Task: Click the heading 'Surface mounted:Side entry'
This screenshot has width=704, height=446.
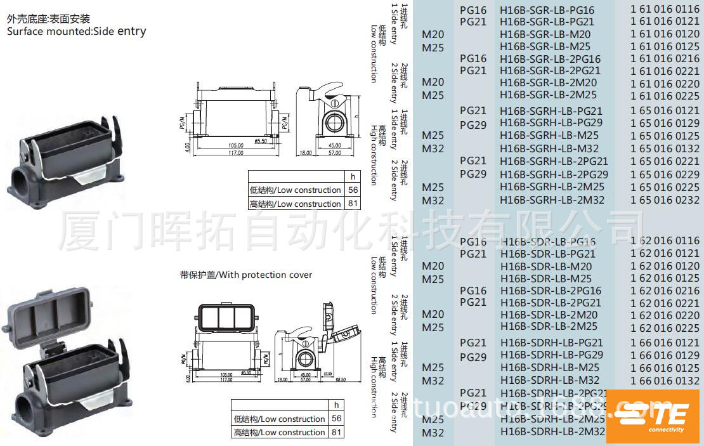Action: (x=76, y=31)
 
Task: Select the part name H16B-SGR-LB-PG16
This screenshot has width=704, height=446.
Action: (x=547, y=10)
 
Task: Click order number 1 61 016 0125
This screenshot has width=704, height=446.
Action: (x=665, y=46)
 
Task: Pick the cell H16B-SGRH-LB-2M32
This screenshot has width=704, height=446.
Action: (x=552, y=200)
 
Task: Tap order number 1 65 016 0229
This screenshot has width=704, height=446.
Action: (x=665, y=174)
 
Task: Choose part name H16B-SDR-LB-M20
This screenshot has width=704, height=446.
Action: (x=545, y=266)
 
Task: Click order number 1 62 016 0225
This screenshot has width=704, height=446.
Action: (x=665, y=328)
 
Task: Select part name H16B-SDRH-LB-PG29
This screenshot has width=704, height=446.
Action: (x=552, y=355)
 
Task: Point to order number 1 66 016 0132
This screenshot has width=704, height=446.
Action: (x=665, y=381)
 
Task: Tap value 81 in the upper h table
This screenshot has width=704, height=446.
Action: (x=353, y=204)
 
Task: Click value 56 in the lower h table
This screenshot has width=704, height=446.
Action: (x=336, y=419)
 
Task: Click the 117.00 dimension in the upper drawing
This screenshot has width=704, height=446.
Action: (x=236, y=152)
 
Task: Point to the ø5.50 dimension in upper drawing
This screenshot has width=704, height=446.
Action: (x=260, y=140)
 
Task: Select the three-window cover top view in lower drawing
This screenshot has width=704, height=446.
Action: (x=226, y=317)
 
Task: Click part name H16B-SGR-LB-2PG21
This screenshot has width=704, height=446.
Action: (x=549, y=70)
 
